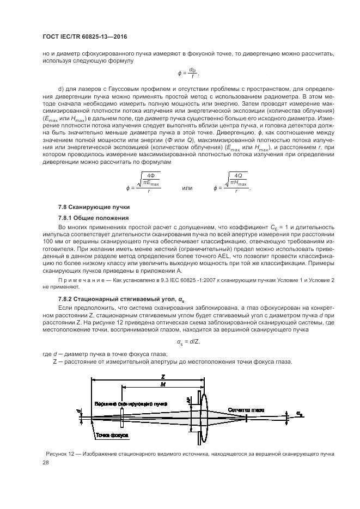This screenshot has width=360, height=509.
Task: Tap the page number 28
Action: pyautogui.click(x=46, y=462)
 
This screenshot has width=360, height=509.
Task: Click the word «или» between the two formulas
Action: pyautogui.click(x=187, y=188)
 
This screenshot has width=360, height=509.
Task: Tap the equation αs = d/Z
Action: pyautogui.click(x=188, y=342)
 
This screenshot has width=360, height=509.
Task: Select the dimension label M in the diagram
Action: pyautogui.click(x=163, y=384)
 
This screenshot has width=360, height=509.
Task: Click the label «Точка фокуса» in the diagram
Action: pyautogui.click(x=112, y=436)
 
